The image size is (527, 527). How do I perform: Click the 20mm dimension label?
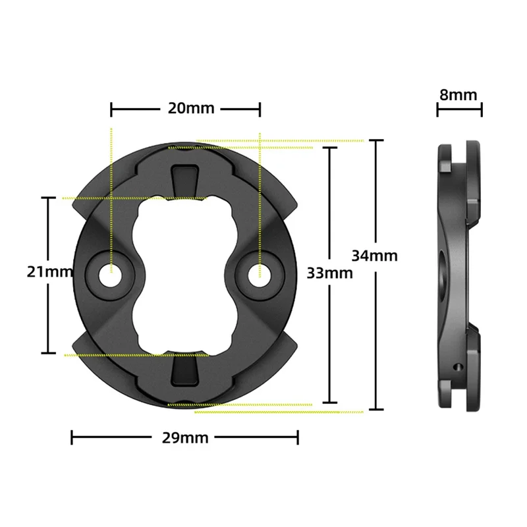191,108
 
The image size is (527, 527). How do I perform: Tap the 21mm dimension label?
50,271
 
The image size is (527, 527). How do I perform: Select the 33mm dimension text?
330,273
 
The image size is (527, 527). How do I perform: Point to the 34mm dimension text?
374,256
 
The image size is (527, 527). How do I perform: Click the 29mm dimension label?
185,437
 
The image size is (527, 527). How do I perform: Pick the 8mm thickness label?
458,95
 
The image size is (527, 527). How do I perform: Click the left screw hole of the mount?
110,275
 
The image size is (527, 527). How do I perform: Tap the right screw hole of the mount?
260,275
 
